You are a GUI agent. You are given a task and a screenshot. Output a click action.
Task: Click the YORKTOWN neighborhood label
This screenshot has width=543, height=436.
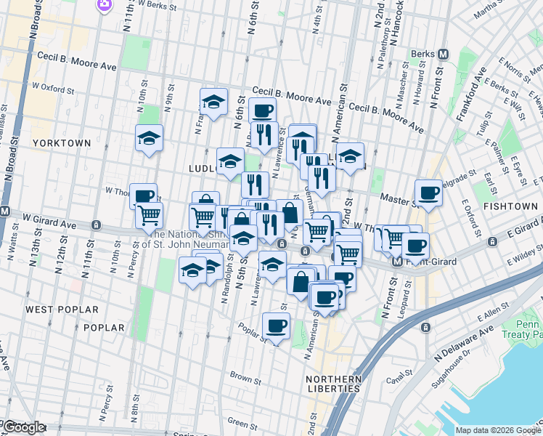click(61, 143)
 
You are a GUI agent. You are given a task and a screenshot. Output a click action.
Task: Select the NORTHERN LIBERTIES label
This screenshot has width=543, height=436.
click(334, 384)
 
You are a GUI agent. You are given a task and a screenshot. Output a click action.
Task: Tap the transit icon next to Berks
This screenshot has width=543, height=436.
click(444, 54)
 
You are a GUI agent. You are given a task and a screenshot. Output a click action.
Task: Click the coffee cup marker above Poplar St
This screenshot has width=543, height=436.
click(276, 326)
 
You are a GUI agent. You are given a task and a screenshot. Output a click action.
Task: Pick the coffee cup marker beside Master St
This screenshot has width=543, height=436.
click(428, 193)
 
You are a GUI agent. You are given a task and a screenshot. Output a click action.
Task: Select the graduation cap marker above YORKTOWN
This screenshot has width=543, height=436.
click(149, 137)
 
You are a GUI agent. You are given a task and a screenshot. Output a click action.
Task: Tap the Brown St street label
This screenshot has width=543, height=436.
click(245, 379)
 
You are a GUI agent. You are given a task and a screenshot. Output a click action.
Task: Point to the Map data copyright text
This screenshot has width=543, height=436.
click(498, 430)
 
